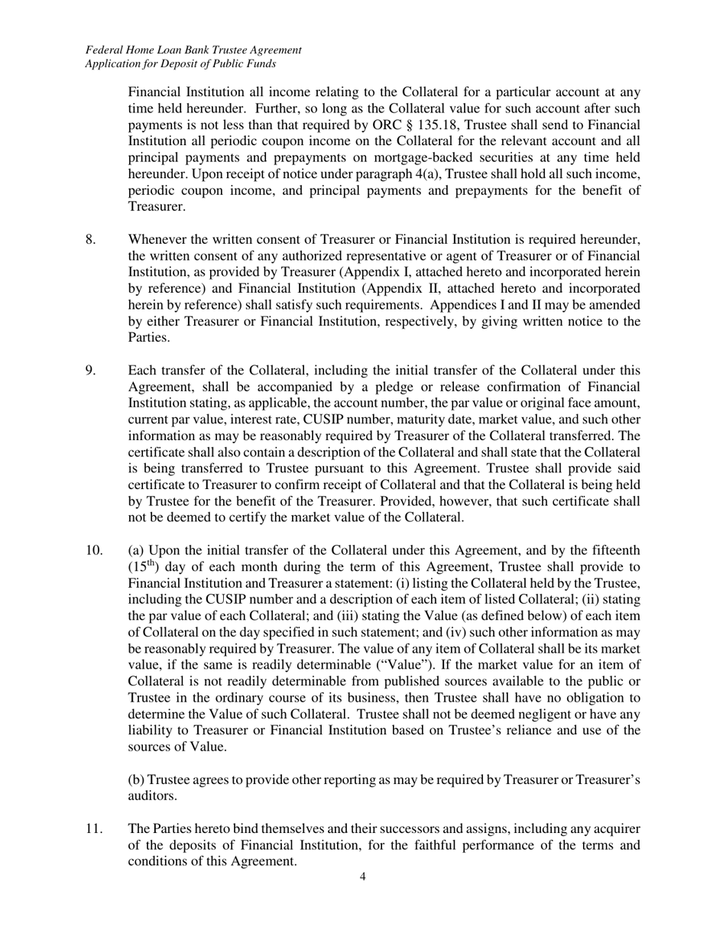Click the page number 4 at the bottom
pos(362,877)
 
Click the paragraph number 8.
pos(90,240)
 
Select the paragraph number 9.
pos(90,371)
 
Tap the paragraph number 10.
pos(93,551)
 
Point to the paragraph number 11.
pos(93,829)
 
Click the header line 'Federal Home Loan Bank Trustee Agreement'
pos(193,50)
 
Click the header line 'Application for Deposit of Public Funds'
pos(180,64)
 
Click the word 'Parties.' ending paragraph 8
pos(149,337)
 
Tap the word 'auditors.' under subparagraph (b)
pos(153,796)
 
